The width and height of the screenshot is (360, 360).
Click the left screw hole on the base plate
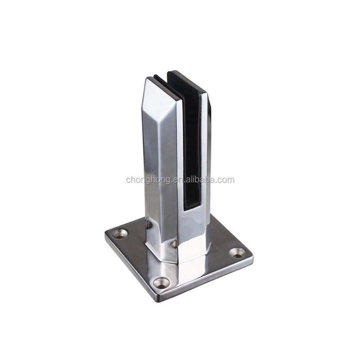(119, 234)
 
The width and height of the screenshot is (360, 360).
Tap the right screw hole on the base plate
(237, 252)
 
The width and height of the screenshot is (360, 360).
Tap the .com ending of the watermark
(226, 180)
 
